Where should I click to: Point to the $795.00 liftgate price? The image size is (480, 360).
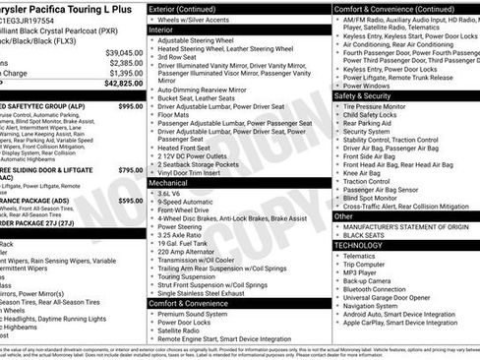(130, 170)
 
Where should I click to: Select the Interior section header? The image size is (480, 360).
(167, 30)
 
